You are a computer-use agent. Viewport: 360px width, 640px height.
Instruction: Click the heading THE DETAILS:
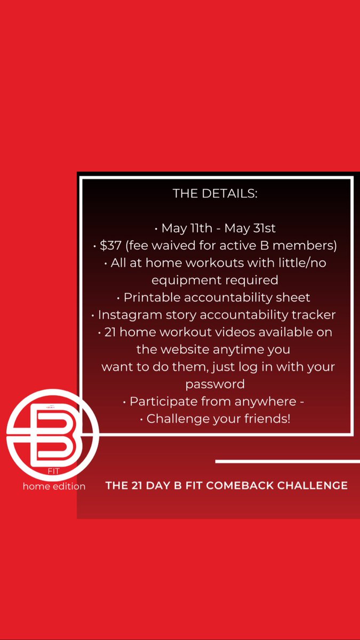(215, 194)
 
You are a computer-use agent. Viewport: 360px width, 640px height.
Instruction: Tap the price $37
(111, 245)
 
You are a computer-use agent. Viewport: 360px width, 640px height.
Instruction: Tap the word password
(215, 384)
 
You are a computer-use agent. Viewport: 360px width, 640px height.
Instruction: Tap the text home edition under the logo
(54, 486)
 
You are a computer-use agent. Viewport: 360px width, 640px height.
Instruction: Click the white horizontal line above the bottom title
(287, 461)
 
